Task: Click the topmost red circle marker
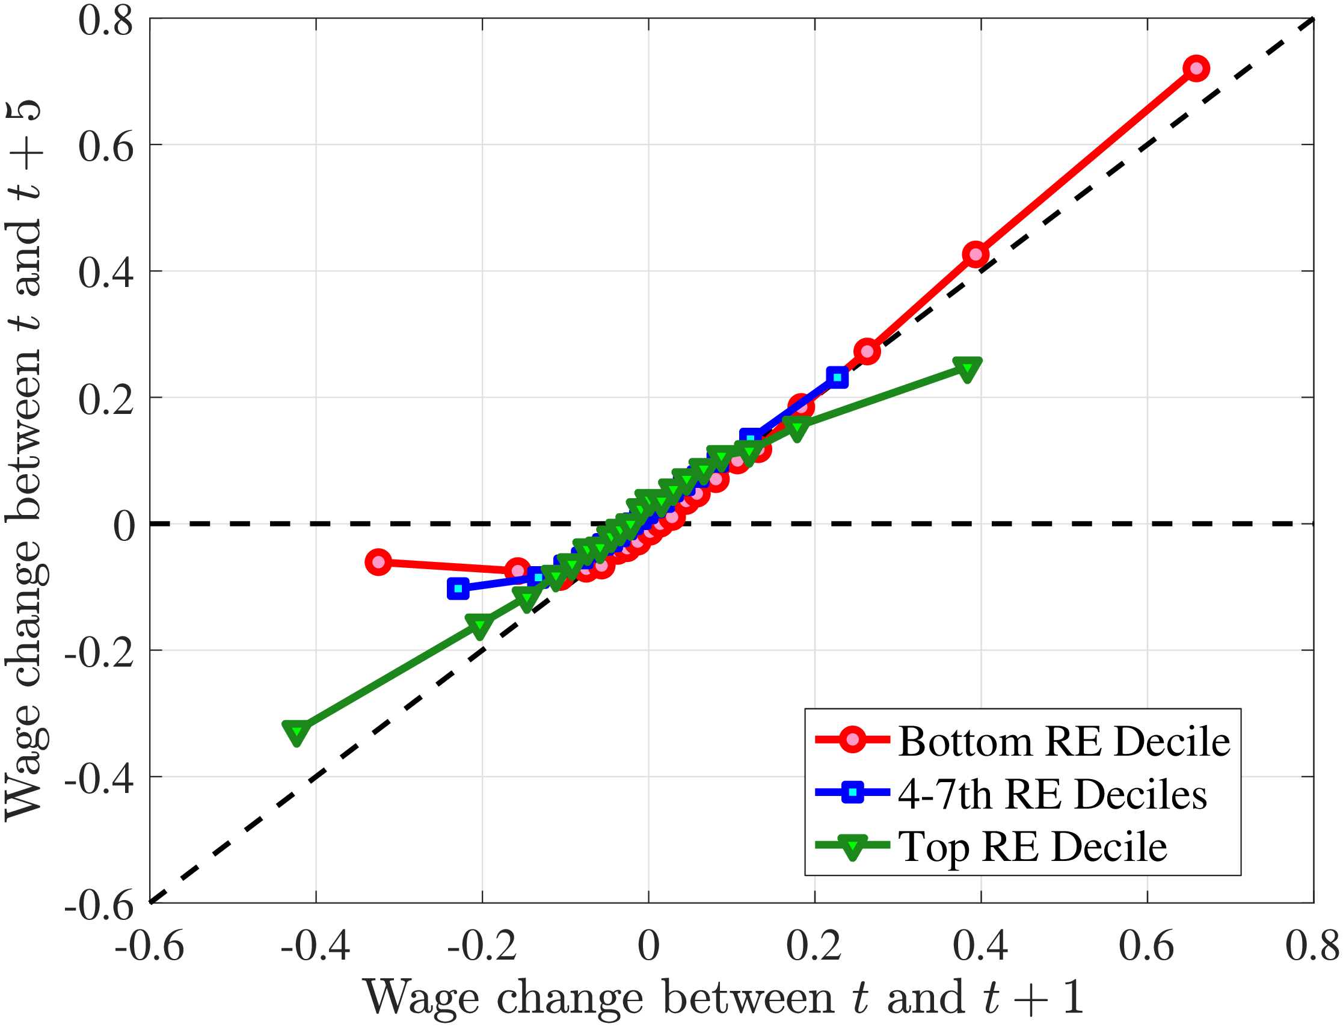[x=1196, y=69]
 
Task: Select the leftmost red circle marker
[x=378, y=562]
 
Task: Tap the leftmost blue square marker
[x=458, y=588]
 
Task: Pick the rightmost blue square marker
[x=837, y=377]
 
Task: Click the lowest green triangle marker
[x=297, y=732]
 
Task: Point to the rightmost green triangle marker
[x=967, y=369]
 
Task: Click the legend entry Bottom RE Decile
[x=1064, y=741]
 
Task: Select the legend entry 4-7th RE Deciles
[x=1052, y=794]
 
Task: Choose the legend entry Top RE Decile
[x=1033, y=847]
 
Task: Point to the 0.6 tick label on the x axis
[x=1146, y=947]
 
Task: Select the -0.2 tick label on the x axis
[x=482, y=947]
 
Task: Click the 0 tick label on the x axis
[x=648, y=947]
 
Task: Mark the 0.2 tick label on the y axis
[x=106, y=400]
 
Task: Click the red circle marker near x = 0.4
[x=976, y=254]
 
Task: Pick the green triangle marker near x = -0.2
[x=481, y=625]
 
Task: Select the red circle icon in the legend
[x=852, y=740]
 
